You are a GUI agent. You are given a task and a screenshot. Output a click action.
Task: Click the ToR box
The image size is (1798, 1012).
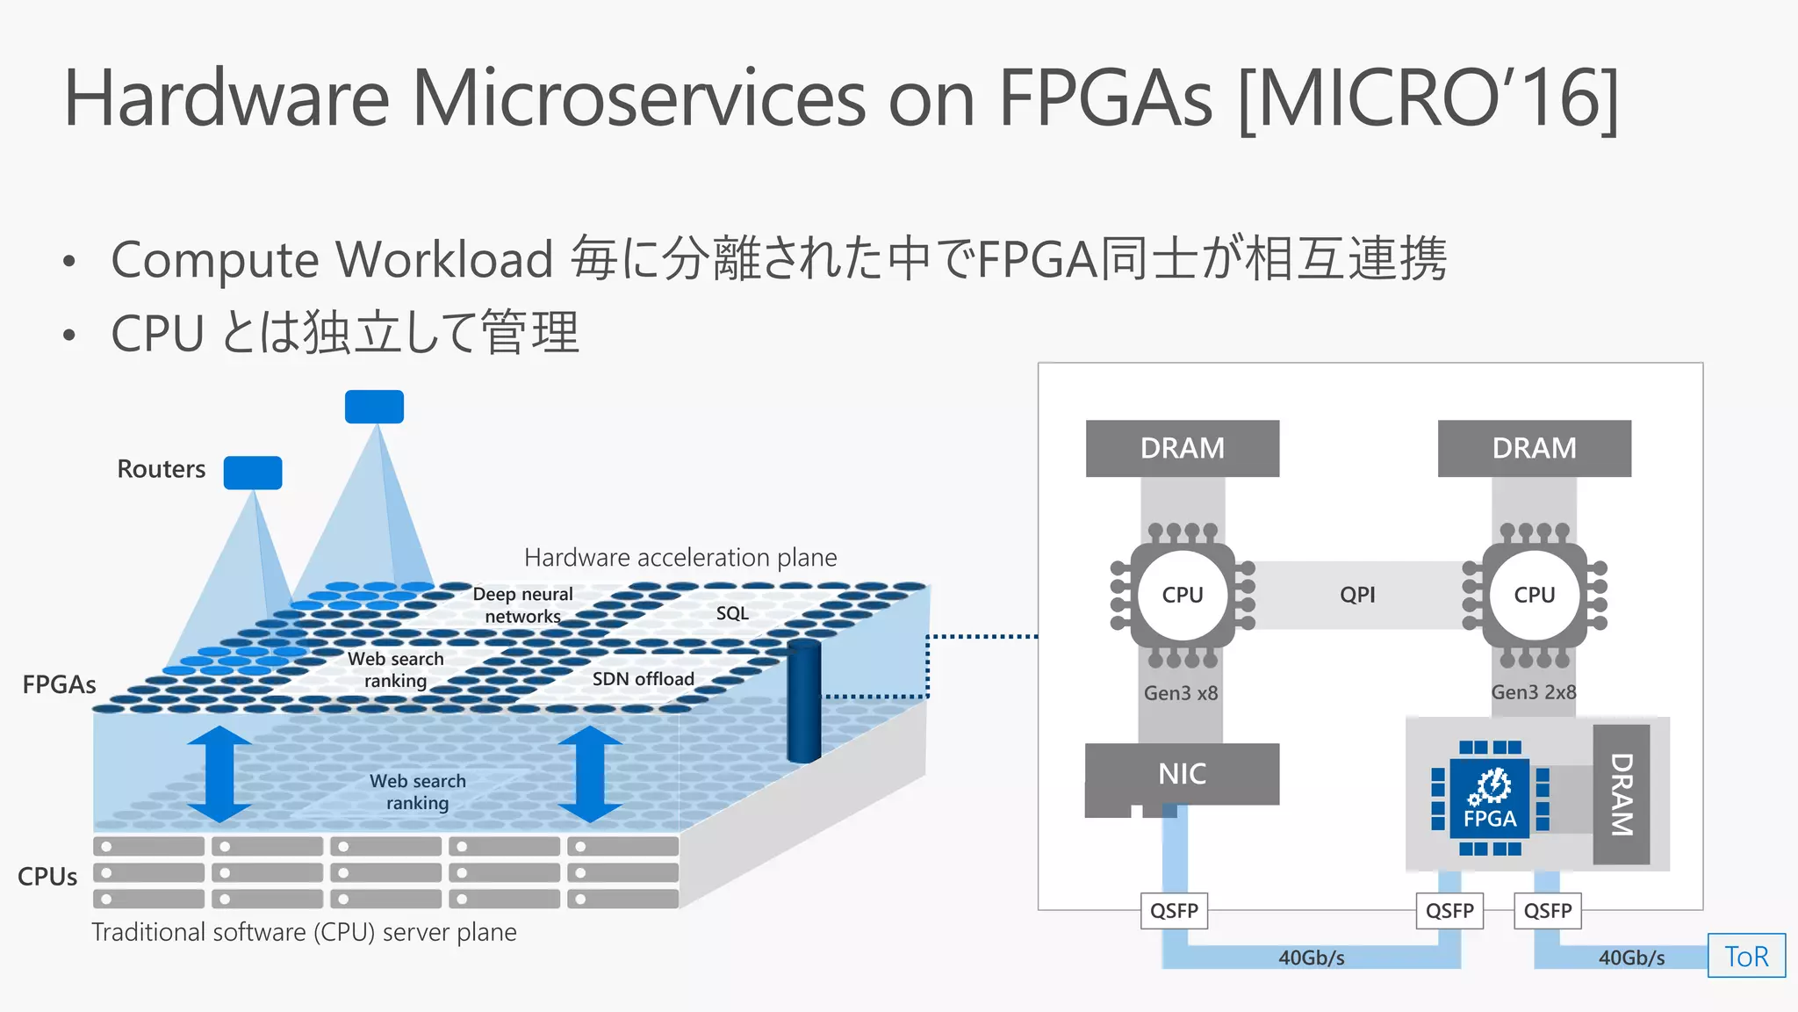point(1745,956)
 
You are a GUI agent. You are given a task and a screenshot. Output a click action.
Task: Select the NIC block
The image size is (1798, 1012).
point(1182,774)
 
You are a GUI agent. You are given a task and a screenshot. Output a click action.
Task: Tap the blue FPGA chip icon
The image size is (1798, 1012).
point(1490,799)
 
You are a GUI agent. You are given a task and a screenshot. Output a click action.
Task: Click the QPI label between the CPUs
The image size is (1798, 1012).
point(1357,595)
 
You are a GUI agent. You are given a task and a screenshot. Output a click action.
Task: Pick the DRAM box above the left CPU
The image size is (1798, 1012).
point(1182,448)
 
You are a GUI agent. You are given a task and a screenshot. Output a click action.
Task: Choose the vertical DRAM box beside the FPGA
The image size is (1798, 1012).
point(1621,794)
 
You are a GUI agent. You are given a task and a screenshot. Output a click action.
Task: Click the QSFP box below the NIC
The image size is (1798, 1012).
point(1174,911)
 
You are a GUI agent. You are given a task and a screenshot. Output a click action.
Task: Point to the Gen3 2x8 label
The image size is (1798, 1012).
point(1533,692)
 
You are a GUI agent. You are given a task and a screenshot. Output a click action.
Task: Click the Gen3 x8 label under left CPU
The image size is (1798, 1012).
point(1180,693)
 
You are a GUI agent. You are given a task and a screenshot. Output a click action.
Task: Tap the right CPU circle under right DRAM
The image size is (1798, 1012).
point(1534,595)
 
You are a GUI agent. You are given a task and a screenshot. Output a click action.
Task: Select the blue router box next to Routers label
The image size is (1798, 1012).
point(253,473)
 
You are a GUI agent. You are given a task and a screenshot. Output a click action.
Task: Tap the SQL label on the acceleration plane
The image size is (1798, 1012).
point(732,613)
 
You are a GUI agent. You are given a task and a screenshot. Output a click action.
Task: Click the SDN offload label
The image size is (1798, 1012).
point(643,679)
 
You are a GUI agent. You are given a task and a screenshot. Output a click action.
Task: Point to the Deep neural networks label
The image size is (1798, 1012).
point(522,605)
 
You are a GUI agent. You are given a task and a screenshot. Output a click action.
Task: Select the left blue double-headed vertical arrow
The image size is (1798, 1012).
point(219,774)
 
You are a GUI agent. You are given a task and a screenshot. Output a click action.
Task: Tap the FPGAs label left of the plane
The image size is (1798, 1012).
point(59,684)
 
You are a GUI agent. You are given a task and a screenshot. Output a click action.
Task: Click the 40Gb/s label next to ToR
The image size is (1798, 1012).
point(1630,958)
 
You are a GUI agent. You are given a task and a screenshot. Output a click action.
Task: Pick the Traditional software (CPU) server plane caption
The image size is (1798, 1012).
point(304,932)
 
